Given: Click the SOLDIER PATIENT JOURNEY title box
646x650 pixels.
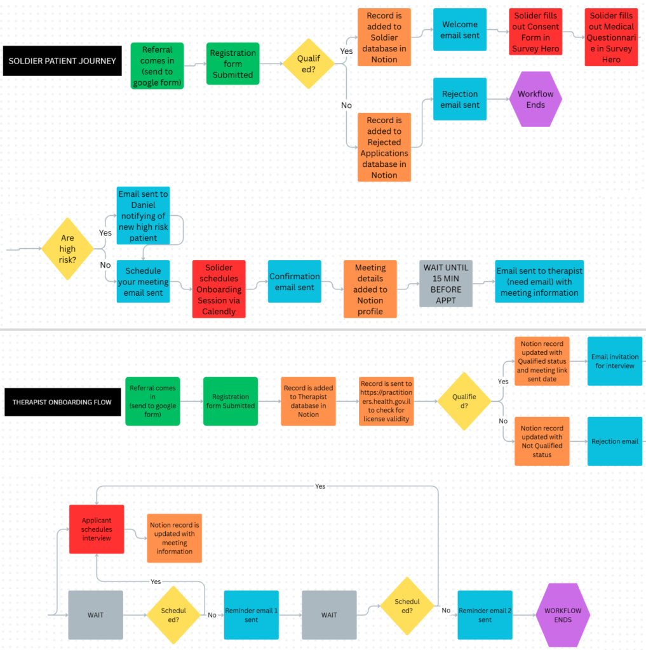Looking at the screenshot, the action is pyautogui.click(x=62, y=61).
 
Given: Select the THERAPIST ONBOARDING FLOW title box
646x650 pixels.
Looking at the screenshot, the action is pyautogui.click(x=63, y=402).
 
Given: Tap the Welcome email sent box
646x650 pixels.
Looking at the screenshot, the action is pyautogui.click(x=460, y=30).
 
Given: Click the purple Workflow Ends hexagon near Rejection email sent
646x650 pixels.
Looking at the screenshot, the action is pyautogui.click(x=535, y=99).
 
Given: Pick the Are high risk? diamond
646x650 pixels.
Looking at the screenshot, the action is pyautogui.click(x=67, y=249).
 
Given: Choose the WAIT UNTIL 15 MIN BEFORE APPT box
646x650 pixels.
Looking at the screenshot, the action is pyautogui.click(x=446, y=284).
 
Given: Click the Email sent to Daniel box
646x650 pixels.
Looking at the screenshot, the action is pyautogui.click(x=143, y=216).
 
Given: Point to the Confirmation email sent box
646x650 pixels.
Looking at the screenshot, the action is pyautogui.click(x=295, y=281).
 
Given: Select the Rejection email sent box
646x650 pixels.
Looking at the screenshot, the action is pyautogui.click(x=460, y=99).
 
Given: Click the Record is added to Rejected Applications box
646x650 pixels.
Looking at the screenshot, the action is pyautogui.click(x=384, y=147).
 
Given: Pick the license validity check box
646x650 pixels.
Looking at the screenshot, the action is pyautogui.click(x=386, y=401).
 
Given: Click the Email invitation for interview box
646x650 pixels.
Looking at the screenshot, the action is pyautogui.click(x=615, y=361).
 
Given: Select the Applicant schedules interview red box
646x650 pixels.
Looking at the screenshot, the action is pyautogui.click(x=97, y=529).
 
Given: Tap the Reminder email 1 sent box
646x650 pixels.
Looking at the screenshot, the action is pyautogui.click(x=252, y=615).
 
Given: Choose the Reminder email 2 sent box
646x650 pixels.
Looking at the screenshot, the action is pyautogui.click(x=485, y=615).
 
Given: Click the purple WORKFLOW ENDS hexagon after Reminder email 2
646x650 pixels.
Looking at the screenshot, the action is pyautogui.click(x=563, y=615).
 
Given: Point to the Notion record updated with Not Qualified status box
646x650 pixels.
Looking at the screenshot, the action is pyautogui.click(x=542, y=441).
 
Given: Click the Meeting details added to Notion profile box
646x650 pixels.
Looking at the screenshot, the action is pyautogui.click(x=370, y=289).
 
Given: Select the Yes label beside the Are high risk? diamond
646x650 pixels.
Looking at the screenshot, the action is pyautogui.click(x=105, y=233).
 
